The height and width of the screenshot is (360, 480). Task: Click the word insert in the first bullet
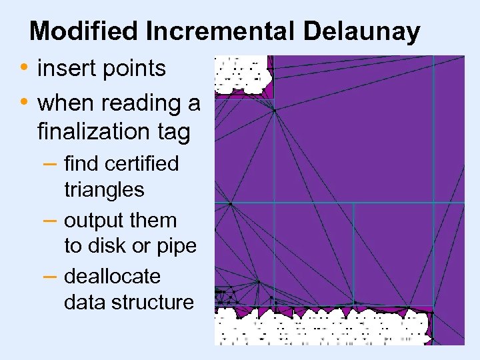pos(66,68)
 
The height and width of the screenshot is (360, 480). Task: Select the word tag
pos(175,133)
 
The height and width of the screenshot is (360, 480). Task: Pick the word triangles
pos(104,190)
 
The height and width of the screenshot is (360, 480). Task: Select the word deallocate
pos(112,276)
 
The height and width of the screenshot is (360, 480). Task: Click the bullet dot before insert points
pos(24,68)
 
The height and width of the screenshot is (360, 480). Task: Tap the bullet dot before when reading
pos(24,103)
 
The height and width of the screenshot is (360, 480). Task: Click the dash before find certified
pos(52,163)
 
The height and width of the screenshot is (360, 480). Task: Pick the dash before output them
pos(52,220)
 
